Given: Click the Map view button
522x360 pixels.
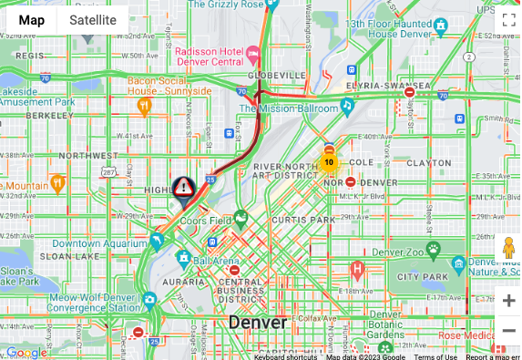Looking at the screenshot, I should [x=31, y=20].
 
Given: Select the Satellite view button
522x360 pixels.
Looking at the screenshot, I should [x=93, y=20].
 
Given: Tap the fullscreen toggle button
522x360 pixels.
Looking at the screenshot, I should [x=508, y=20].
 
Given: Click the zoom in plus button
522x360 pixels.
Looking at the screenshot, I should [x=508, y=301].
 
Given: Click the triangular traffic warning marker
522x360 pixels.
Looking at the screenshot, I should [x=183, y=189].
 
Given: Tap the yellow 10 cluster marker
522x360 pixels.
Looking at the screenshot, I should [x=329, y=163].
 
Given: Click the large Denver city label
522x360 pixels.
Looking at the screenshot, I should [x=257, y=323].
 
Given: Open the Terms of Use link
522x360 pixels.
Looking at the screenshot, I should [x=435, y=356].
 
